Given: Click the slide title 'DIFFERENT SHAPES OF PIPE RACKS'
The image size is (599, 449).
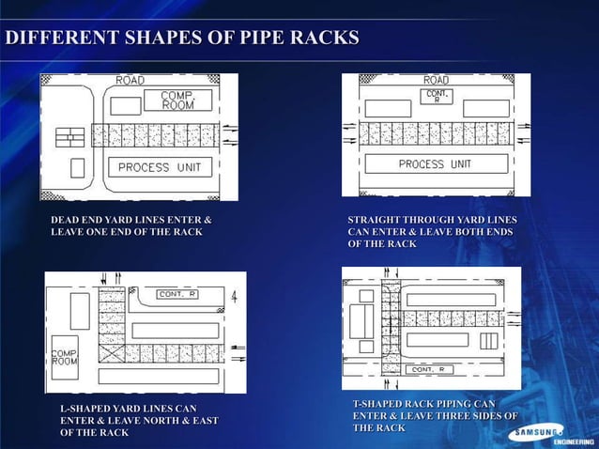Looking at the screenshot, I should [182, 39].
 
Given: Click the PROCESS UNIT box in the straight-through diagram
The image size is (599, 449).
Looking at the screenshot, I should [434, 164].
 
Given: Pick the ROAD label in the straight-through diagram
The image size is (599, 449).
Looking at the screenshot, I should [436, 81].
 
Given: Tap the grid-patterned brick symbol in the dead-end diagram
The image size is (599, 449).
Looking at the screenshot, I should [69, 137].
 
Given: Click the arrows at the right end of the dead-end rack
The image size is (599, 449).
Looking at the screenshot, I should [229, 134].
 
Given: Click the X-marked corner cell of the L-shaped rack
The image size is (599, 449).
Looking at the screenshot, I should [112, 355].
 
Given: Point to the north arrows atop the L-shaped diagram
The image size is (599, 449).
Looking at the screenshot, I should [105, 279].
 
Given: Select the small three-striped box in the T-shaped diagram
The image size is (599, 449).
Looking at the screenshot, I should [488, 341].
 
